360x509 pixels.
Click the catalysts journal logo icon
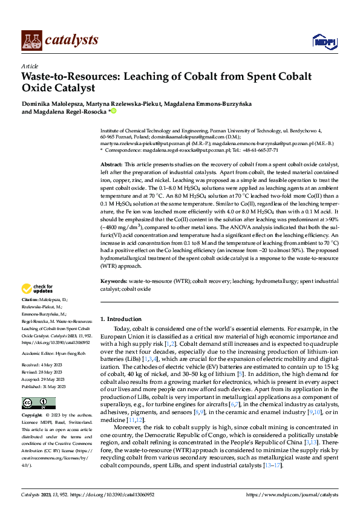click(31, 40)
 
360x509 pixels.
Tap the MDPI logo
click(324, 41)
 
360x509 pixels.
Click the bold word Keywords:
click(113, 281)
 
